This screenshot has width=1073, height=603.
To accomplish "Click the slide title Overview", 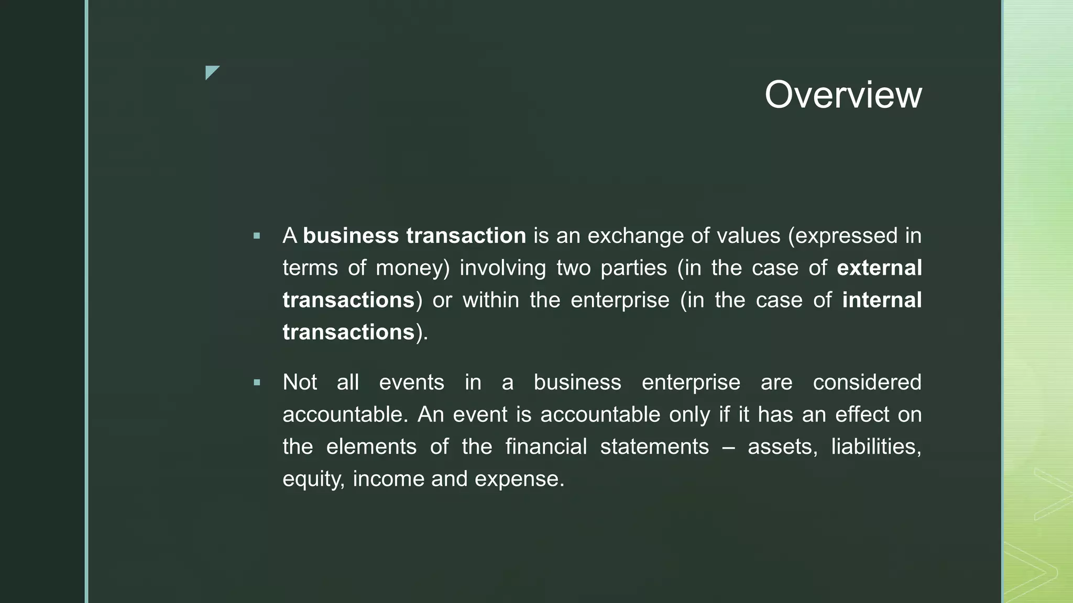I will click(842, 95).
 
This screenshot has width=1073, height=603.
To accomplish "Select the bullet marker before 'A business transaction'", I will click(257, 236).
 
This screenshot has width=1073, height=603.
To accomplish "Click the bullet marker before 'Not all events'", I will click(257, 383).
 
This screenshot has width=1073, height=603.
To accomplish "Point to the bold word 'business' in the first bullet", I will click(351, 236).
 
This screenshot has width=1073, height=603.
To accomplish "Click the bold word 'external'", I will click(879, 268).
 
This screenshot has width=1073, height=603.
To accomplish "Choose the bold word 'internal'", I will click(882, 300).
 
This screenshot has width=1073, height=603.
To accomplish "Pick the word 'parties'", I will click(633, 268).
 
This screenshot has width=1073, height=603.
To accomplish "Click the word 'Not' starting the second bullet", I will click(300, 383).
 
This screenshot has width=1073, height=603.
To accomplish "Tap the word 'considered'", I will click(867, 383).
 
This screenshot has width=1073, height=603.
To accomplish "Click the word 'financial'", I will click(546, 447).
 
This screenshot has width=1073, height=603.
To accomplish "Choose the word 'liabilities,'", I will click(876, 447).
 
